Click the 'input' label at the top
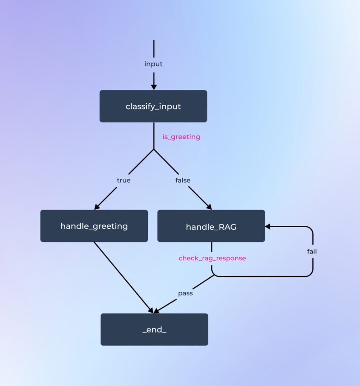pos(153,64)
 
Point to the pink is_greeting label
pos(181,137)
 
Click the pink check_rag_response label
pos(212,258)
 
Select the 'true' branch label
pos(124,180)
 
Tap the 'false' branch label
pos(183,180)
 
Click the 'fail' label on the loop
pos(312,251)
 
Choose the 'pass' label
pos(185,293)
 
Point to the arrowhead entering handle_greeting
pos(97,207)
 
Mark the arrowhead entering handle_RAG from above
pos(208,207)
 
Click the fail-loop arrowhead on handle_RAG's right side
pos(268,226)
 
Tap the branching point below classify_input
pos(153,149)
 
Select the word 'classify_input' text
pos(153,107)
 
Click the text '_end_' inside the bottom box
pos(154,329)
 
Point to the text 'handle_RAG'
pos(211,227)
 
